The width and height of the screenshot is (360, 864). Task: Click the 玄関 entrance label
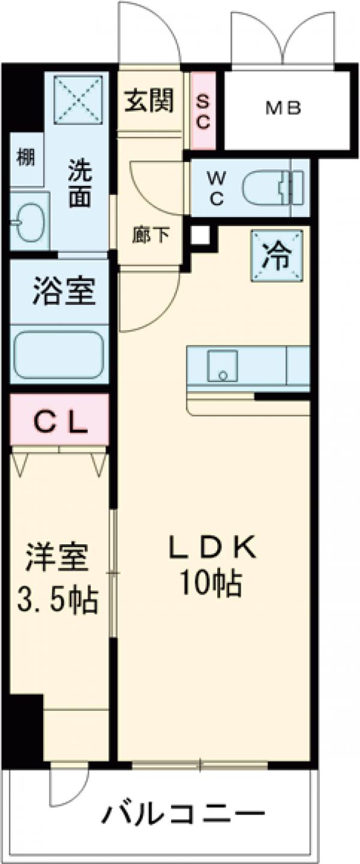tap(149, 100)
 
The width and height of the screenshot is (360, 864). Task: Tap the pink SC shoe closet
tap(202, 112)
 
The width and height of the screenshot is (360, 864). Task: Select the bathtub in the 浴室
tap(59, 355)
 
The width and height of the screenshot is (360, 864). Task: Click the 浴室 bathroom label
tap(62, 292)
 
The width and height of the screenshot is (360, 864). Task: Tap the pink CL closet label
tap(59, 423)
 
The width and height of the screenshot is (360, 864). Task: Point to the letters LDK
tap(213, 548)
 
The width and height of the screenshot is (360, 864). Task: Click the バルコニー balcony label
tap(183, 815)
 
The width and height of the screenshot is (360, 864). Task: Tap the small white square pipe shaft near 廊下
tap(201, 235)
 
